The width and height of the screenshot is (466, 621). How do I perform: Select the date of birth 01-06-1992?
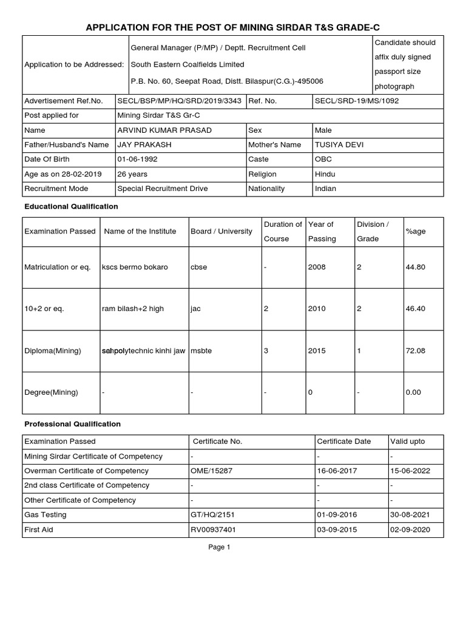[x=136, y=159]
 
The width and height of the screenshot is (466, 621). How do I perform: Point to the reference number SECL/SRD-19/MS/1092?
[x=357, y=101]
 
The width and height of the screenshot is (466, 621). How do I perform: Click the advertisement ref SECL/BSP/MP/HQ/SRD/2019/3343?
[x=179, y=101]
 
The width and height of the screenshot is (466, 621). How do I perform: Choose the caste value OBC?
[x=323, y=159]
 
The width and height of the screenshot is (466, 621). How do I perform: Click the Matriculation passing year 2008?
[x=317, y=267]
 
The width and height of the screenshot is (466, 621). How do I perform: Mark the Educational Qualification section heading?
[x=71, y=207]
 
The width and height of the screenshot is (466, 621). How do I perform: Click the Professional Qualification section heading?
[x=72, y=424]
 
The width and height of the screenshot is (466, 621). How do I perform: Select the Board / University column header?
[x=221, y=232]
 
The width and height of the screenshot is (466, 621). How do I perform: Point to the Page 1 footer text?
[x=219, y=547]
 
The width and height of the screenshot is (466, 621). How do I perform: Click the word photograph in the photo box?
[x=394, y=87]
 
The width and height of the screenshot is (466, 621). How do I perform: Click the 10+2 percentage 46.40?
[x=415, y=309]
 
